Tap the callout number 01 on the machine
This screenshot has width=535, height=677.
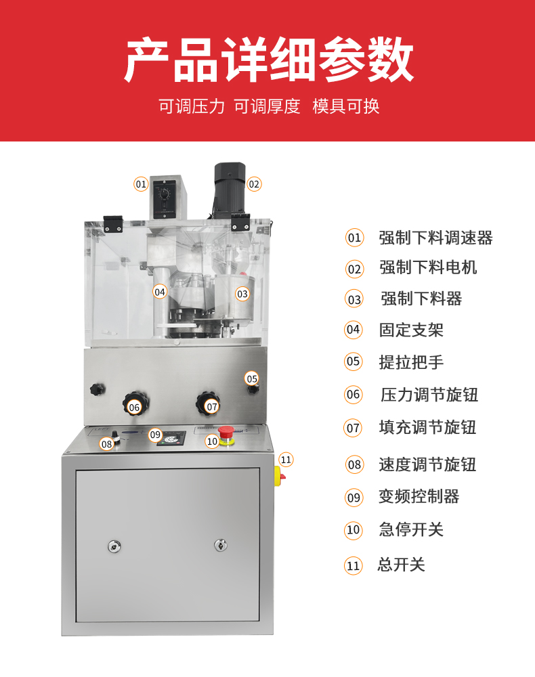[141, 184]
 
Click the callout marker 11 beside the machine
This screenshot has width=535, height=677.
[286, 460]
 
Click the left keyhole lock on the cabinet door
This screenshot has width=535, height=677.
[114, 546]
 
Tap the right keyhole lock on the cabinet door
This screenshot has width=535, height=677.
[221, 545]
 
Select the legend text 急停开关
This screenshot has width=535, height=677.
[411, 529]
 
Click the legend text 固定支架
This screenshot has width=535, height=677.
[411, 330]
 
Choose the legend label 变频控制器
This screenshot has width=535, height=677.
[419, 496]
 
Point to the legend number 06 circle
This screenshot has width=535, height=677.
[354, 394]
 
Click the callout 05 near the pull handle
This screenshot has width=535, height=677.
[252, 378]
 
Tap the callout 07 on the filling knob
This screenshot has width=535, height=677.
[211, 407]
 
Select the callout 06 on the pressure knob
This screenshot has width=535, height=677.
[134, 407]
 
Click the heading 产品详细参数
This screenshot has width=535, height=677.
[269, 60]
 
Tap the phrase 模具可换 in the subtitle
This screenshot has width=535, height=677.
[346, 106]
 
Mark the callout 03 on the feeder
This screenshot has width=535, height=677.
[242, 294]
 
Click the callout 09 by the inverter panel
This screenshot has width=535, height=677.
[156, 435]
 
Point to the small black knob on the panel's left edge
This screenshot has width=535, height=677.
[98, 389]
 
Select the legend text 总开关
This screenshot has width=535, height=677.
[401, 565]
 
